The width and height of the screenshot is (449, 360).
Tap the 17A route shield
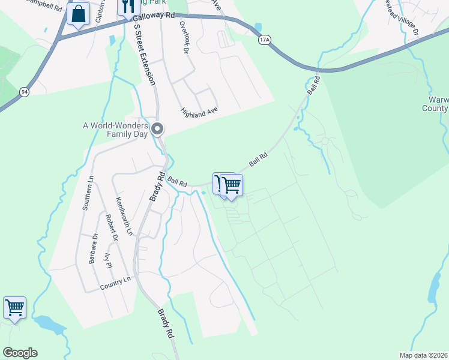click(x=264, y=40)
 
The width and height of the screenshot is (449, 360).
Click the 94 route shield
click(x=24, y=92)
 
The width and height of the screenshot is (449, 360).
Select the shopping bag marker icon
click(x=78, y=14)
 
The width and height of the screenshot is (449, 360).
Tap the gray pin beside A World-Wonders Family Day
click(x=157, y=128)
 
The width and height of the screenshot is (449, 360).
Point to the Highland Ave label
click(x=199, y=112)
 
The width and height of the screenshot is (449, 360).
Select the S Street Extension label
click(x=146, y=54)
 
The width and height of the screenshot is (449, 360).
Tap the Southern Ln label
click(x=89, y=193)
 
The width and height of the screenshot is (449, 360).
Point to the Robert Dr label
click(x=112, y=229)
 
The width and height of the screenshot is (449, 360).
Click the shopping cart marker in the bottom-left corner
click(x=14, y=308)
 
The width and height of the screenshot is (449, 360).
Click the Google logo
click(x=20, y=353)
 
